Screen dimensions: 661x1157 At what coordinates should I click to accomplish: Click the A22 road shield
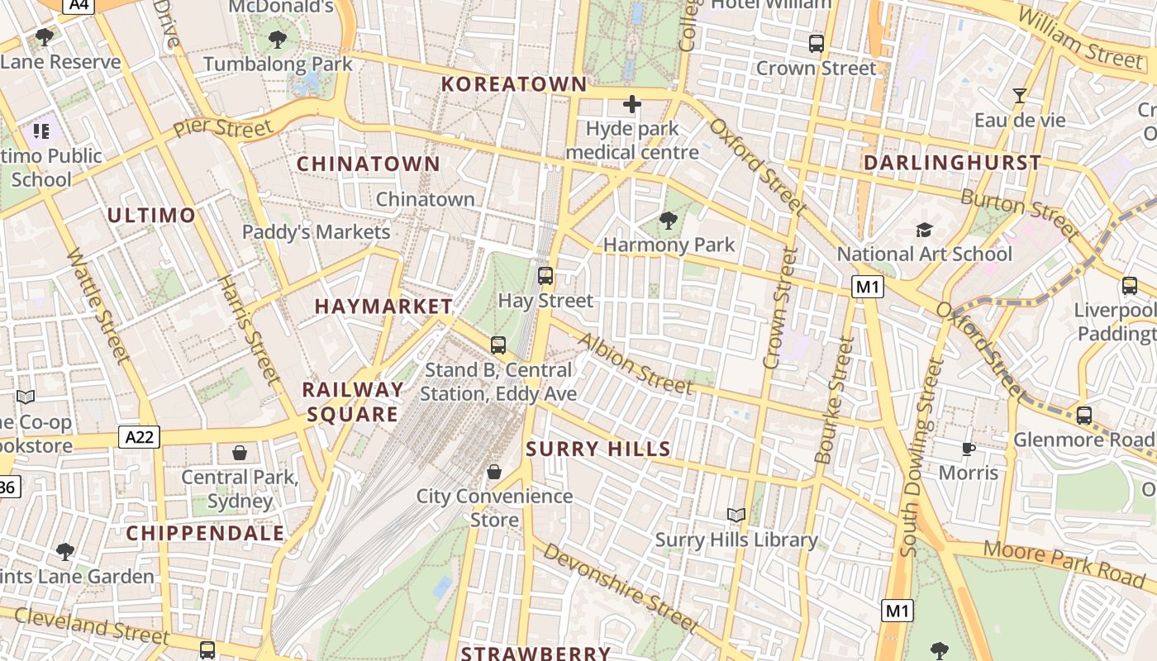point(138,436)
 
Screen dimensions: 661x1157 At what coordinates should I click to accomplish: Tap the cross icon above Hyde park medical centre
point(632,104)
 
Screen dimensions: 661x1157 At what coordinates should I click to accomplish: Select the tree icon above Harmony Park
point(668,221)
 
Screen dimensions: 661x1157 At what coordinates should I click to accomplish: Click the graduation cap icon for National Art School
point(923,230)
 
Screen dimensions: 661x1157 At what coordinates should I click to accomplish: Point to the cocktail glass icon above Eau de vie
point(1020,96)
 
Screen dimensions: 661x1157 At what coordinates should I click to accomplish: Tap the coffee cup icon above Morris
point(969,449)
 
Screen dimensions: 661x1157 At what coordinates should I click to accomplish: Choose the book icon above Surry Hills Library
point(736,516)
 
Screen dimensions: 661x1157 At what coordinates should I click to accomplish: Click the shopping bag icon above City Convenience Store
point(494,472)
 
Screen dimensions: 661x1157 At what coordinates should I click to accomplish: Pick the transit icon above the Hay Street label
point(545,276)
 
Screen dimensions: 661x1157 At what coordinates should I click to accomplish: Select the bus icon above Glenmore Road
point(1083,415)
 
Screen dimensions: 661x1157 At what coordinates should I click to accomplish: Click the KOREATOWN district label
point(514,83)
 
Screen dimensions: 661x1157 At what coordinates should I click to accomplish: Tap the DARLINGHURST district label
point(952,163)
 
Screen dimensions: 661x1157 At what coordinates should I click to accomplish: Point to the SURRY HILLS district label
point(598,449)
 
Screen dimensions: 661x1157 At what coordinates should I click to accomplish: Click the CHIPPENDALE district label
point(205,533)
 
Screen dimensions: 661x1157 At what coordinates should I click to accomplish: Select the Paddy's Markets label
point(316,232)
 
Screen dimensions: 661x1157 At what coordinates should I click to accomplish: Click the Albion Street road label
point(635,364)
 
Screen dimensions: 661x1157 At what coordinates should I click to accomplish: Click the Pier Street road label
point(222,128)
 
